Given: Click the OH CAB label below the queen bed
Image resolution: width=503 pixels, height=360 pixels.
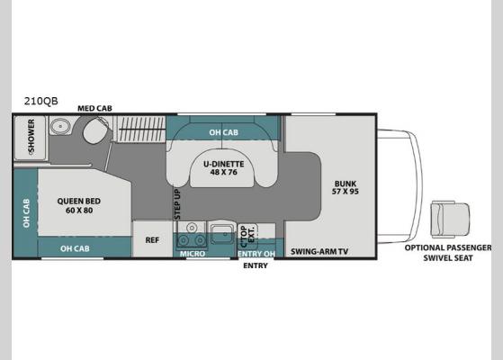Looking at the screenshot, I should [x=75, y=248].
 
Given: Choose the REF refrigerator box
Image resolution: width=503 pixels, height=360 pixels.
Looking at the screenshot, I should [x=152, y=240].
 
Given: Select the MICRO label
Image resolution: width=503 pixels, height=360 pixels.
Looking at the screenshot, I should [x=192, y=254].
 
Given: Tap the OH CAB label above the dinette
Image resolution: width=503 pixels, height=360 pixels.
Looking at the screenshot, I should [x=224, y=132].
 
